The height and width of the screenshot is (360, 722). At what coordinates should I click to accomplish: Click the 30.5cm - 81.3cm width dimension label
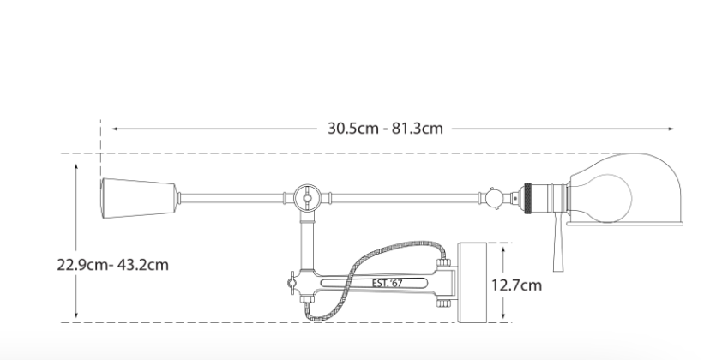pos(385,128)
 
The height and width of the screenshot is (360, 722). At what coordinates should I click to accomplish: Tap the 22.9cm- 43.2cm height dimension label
pos(113,265)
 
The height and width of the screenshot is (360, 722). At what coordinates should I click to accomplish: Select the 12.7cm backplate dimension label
pos(516,285)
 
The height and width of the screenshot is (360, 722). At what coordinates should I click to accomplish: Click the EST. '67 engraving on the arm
pos(388,283)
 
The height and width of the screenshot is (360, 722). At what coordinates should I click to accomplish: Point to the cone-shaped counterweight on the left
pos(139,198)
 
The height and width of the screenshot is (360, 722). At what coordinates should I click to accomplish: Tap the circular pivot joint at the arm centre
pos(307,198)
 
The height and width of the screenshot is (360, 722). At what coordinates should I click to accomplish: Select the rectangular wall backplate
pos(472,283)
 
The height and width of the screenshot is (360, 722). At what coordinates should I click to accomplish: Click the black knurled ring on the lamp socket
pos(527,198)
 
